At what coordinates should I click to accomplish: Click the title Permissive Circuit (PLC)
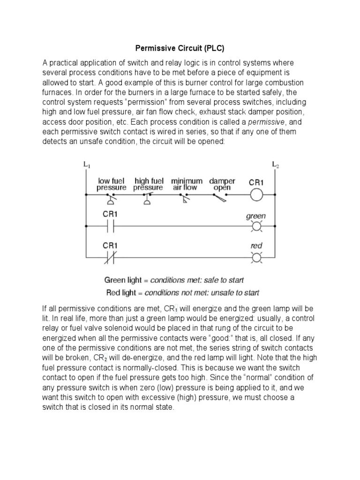[x=180, y=48]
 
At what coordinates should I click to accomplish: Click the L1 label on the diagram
[x=87, y=165]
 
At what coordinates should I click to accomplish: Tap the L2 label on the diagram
[x=275, y=165]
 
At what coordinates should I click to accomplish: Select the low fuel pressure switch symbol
[x=112, y=200]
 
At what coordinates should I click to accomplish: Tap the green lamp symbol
[x=256, y=227]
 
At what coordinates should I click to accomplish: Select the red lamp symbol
[x=256, y=257]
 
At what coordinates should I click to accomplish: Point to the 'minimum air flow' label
[x=187, y=184]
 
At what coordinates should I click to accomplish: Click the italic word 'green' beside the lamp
[x=256, y=216]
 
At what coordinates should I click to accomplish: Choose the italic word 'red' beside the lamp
[x=256, y=246]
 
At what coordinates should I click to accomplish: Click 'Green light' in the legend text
[x=123, y=281]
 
